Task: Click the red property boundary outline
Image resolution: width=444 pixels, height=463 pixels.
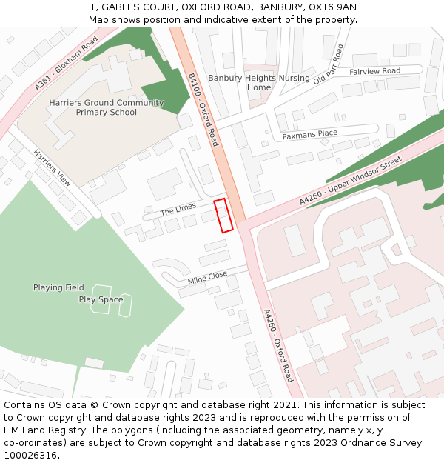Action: (223, 216)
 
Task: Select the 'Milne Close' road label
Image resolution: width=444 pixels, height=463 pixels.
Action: (207, 278)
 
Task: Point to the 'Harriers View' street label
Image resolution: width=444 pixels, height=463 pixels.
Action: (52, 167)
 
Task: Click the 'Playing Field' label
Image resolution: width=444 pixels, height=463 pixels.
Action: (58, 287)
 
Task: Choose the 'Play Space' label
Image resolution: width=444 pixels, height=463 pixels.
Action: (101, 299)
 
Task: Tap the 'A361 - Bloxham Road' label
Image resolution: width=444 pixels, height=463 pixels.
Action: (66, 64)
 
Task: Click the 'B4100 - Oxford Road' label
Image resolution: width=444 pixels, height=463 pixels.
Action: (203, 109)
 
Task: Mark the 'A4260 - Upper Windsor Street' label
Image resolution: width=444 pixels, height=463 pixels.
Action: (350, 181)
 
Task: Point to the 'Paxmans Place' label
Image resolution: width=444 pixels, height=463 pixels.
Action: (309, 134)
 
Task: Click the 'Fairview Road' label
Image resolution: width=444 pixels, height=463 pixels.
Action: (374, 71)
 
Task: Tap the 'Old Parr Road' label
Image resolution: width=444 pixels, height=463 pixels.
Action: (328, 64)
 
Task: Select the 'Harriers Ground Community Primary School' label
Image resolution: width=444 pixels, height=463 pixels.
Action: (107, 107)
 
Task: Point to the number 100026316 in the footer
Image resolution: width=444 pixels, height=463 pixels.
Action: (31, 456)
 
